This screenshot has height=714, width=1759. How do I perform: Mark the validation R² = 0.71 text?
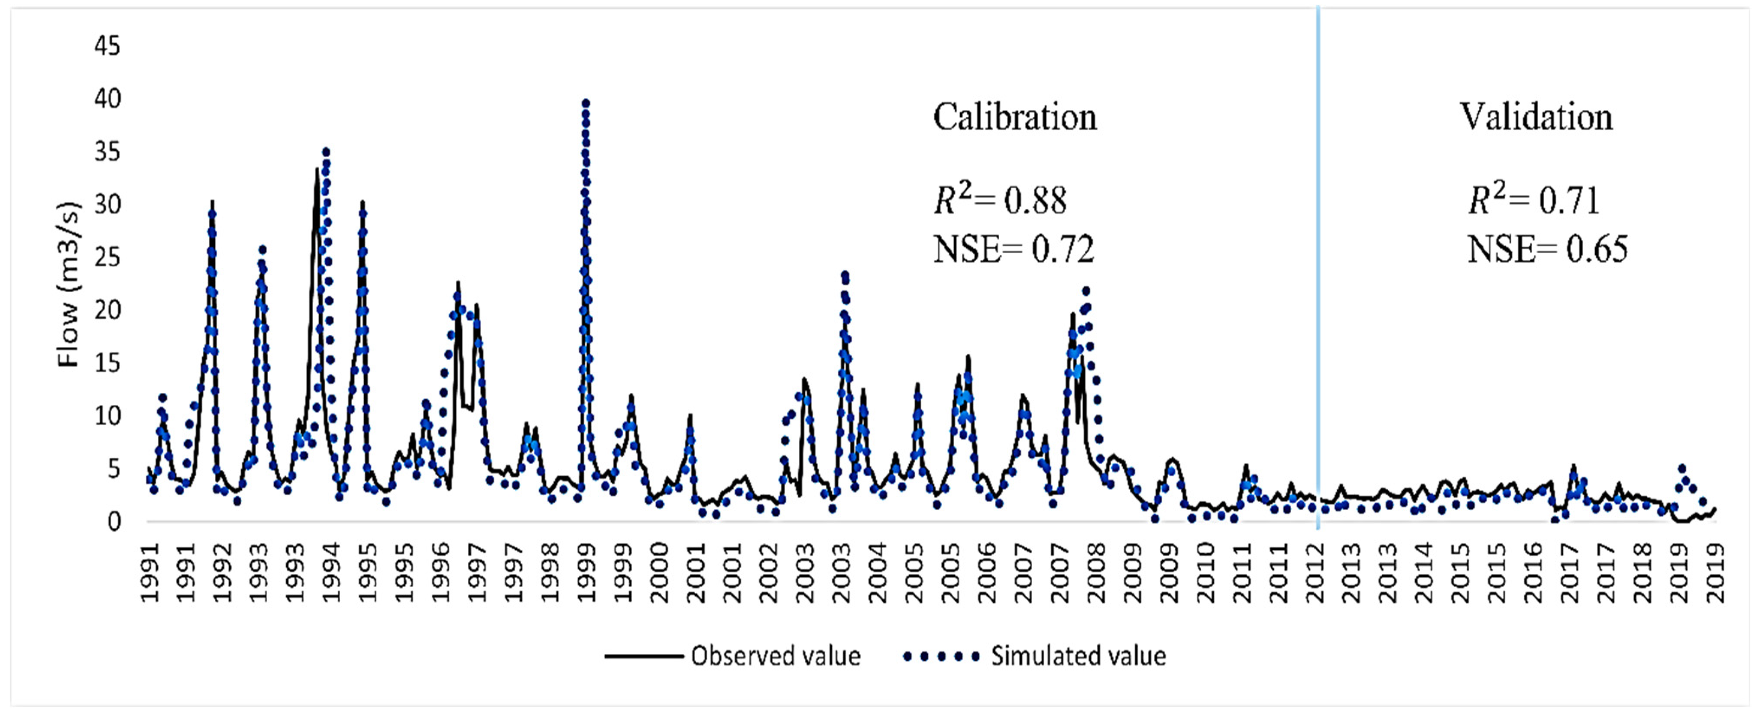(1534, 200)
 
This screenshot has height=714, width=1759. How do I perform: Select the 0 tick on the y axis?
(113, 522)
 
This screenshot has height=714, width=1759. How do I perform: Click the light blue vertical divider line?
(1318, 273)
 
